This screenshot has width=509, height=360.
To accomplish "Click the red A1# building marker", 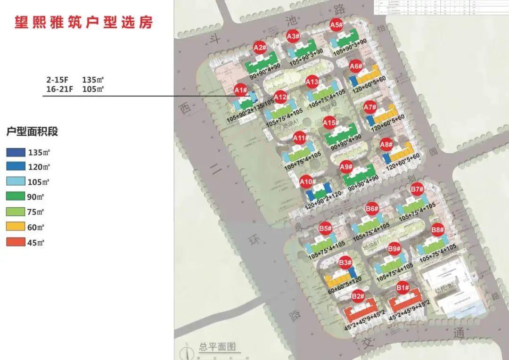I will tap(241, 90).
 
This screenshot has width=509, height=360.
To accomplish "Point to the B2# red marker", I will tap(358, 296).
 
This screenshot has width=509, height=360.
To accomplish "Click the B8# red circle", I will tap(438, 230).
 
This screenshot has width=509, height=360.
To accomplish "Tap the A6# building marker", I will tap(356, 67).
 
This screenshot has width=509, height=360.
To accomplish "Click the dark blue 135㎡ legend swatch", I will tap(16, 153).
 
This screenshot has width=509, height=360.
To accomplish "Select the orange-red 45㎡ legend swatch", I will tap(16, 243).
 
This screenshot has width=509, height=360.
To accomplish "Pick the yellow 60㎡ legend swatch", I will tap(16, 228).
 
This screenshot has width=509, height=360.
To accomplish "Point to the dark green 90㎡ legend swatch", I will tap(16, 197).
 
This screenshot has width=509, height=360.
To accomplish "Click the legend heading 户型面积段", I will tap(32, 132).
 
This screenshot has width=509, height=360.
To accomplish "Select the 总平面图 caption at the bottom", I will tap(217, 348).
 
